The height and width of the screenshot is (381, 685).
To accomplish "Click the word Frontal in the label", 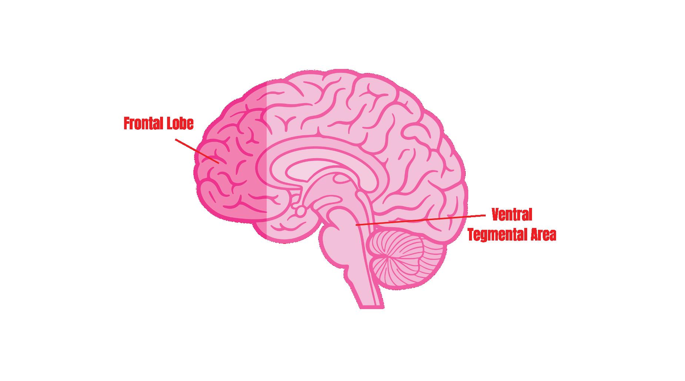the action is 141,124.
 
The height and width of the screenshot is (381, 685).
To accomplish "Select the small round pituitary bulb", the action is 301,212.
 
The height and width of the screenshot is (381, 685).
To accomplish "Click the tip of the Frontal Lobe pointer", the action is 219,163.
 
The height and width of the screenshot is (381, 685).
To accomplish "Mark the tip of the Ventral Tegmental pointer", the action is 356,225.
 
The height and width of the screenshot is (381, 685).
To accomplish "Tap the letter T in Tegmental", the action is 471,235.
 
